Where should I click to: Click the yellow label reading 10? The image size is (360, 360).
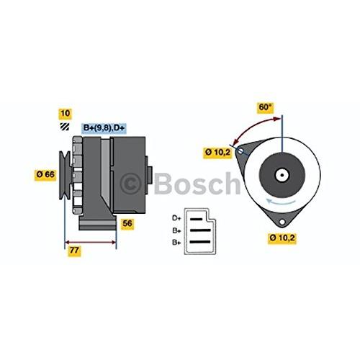pyautogui.click(x=65, y=114)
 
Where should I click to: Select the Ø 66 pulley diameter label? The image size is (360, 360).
pyautogui.click(x=45, y=174)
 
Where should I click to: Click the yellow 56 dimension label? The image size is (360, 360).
pyautogui.click(x=127, y=223)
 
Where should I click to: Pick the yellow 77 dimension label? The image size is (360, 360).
pyautogui.click(x=74, y=251)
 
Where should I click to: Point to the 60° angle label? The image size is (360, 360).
pyautogui.click(x=265, y=107)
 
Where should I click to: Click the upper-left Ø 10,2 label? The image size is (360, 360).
pyautogui.click(x=217, y=153)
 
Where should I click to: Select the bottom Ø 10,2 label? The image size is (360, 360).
pyautogui.click(x=282, y=238)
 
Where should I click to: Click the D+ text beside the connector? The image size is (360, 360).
pyautogui.click(x=176, y=218)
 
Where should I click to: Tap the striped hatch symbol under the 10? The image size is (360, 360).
pyautogui.click(x=65, y=127)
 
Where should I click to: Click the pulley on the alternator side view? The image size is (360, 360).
pyautogui.click(x=65, y=176)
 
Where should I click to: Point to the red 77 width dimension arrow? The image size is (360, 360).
pyautogui.click(x=91, y=242)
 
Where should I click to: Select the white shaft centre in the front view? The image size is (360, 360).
pyautogui.click(x=282, y=175)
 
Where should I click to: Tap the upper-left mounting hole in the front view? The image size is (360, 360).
pyautogui.click(x=240, y=150)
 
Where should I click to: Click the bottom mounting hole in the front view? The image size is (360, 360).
pyautogui.click(x=282, y=222)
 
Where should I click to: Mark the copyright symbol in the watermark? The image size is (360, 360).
pyautogui.click(x=131, y=184)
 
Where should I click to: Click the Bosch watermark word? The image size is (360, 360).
pyautogui.click(x=197, y=183)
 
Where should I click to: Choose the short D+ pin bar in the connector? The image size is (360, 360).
pyautogui.click(x=196, y=219)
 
